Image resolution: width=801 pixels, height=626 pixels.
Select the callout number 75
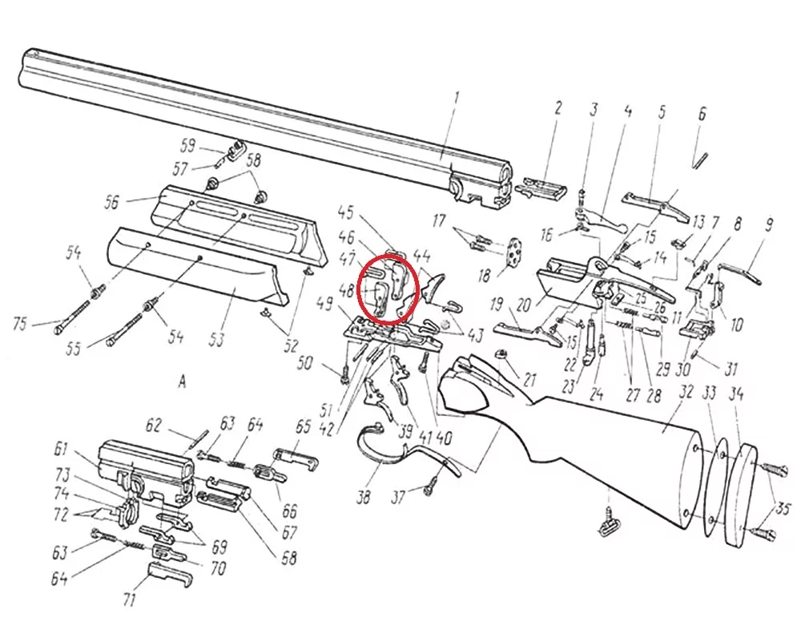coord(20,324)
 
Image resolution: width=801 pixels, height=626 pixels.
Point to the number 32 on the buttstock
coord(686,392)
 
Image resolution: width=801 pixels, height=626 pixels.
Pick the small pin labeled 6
coord(698,158)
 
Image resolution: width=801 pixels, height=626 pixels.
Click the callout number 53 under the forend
coord(216,338)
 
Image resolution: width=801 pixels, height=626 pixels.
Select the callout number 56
coord(111,202)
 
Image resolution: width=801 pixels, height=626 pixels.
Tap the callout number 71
coord(129,598)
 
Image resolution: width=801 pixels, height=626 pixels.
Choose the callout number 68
coord(289,557)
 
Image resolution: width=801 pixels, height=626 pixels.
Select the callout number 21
coord(529,380)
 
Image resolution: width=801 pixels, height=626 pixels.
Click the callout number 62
coord(154,426)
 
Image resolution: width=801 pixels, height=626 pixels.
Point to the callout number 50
coord(305,363)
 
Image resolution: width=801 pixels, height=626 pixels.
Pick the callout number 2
coord(557,108)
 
